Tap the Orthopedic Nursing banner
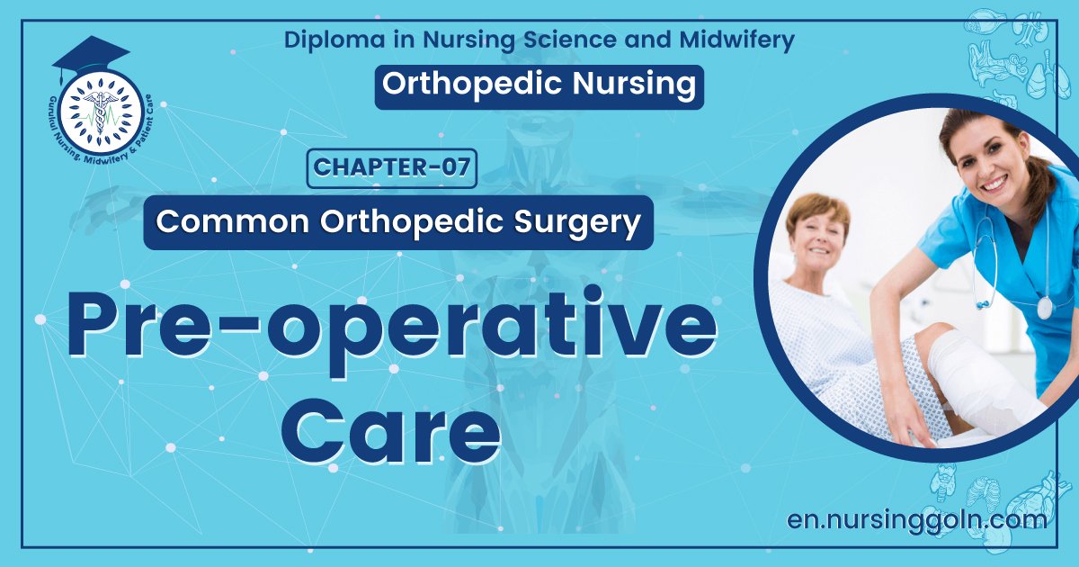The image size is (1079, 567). (x=539, y=85)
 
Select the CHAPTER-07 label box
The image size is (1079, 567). (x=391, y=168)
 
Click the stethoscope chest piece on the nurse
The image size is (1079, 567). (x=1044, y=306)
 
